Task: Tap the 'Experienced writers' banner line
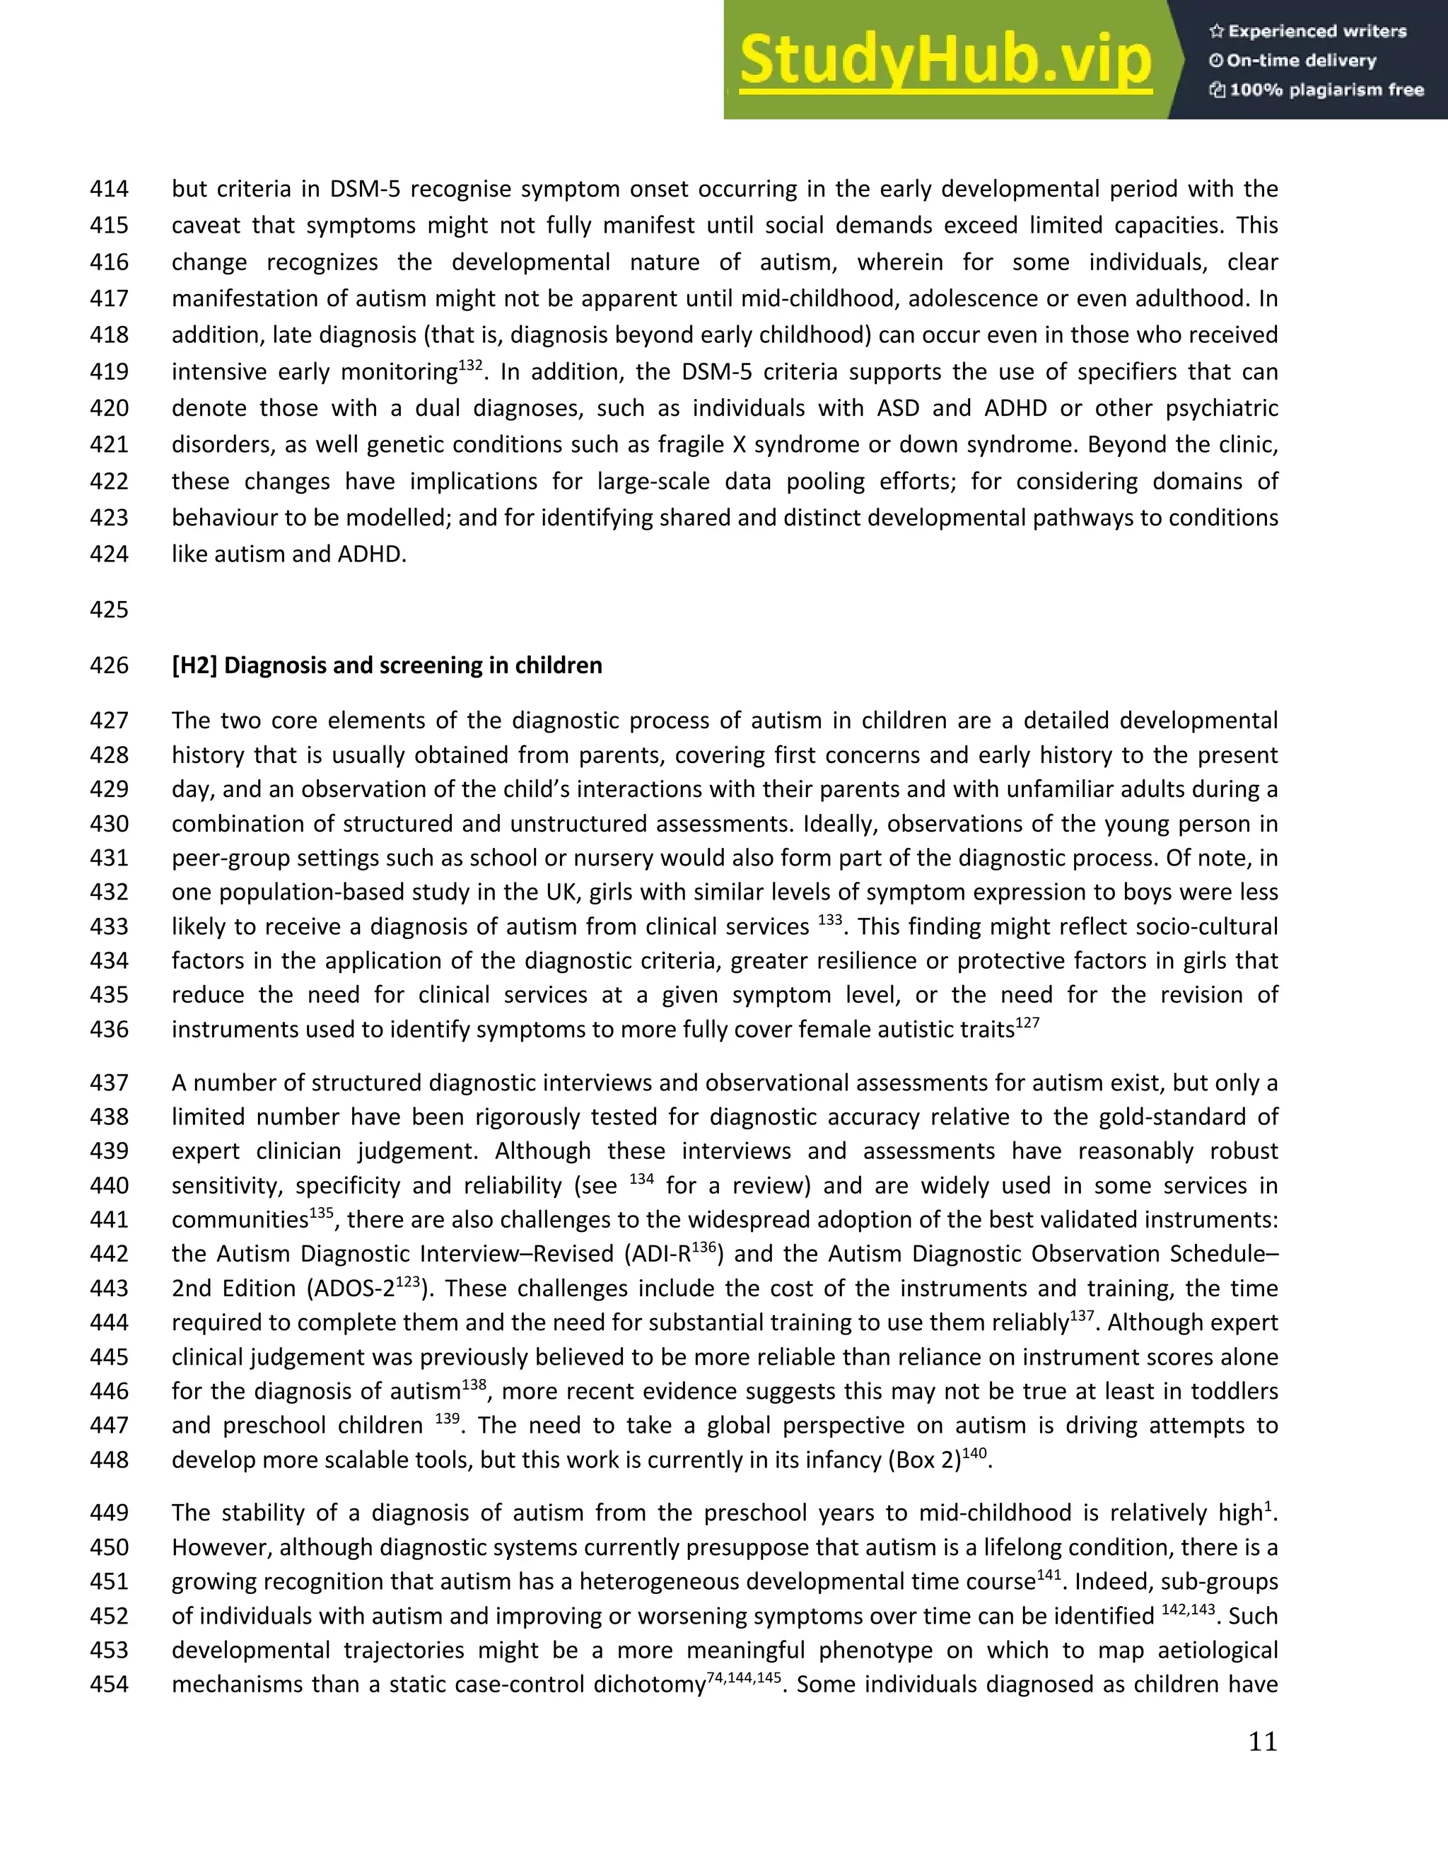tap(1308, 32)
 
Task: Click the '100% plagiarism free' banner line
tap(1316, 90)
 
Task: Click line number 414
tap(109, 189)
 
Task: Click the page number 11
tap(1262, 1742)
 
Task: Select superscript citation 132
tap(471, 366)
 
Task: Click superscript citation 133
tap(829, 920)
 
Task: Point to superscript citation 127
tap(1027, 1023)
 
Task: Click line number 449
tap(109, 1513)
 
